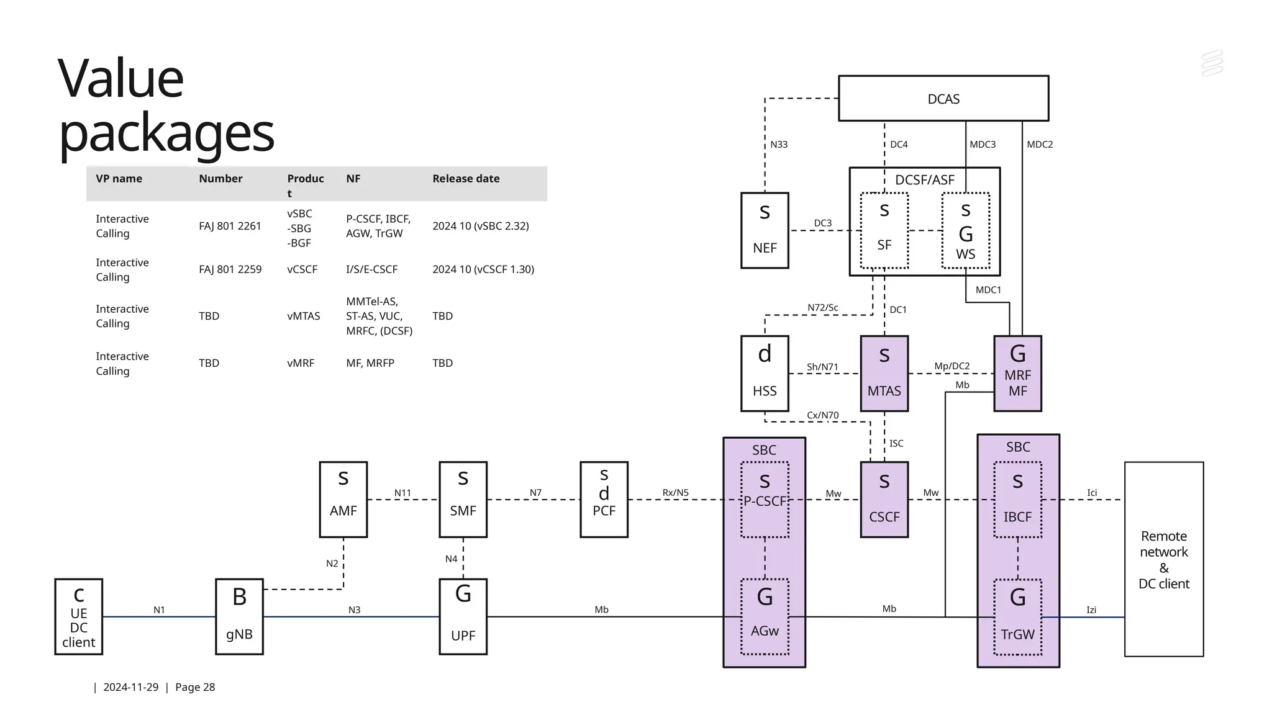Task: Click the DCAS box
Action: tap(943, 99)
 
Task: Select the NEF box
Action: tap(765, 231)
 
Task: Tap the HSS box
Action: tap(765, 374)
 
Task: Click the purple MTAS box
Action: tap(884, 374)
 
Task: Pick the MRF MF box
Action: tap(1017, 374)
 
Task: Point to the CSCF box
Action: tap(884, 500)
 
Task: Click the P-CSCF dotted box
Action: tap(765, 500)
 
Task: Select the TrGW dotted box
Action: tap(1017, 617)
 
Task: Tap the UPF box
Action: tap(463, 617)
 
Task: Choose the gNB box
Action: tap(239, 617)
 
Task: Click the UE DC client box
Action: tap(79, 617)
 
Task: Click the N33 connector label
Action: tap(779, 145)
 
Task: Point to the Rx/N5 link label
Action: tap(675, 493)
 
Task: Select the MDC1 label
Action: tap(988, 290)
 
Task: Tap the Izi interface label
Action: tap(1091, 610)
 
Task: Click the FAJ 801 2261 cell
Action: tap(230, 227)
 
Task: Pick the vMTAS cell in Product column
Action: tap(303, 316)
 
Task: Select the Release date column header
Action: tap(466, 179)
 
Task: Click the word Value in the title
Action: tap(121, 79)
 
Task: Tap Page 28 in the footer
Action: tap(195, 687)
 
